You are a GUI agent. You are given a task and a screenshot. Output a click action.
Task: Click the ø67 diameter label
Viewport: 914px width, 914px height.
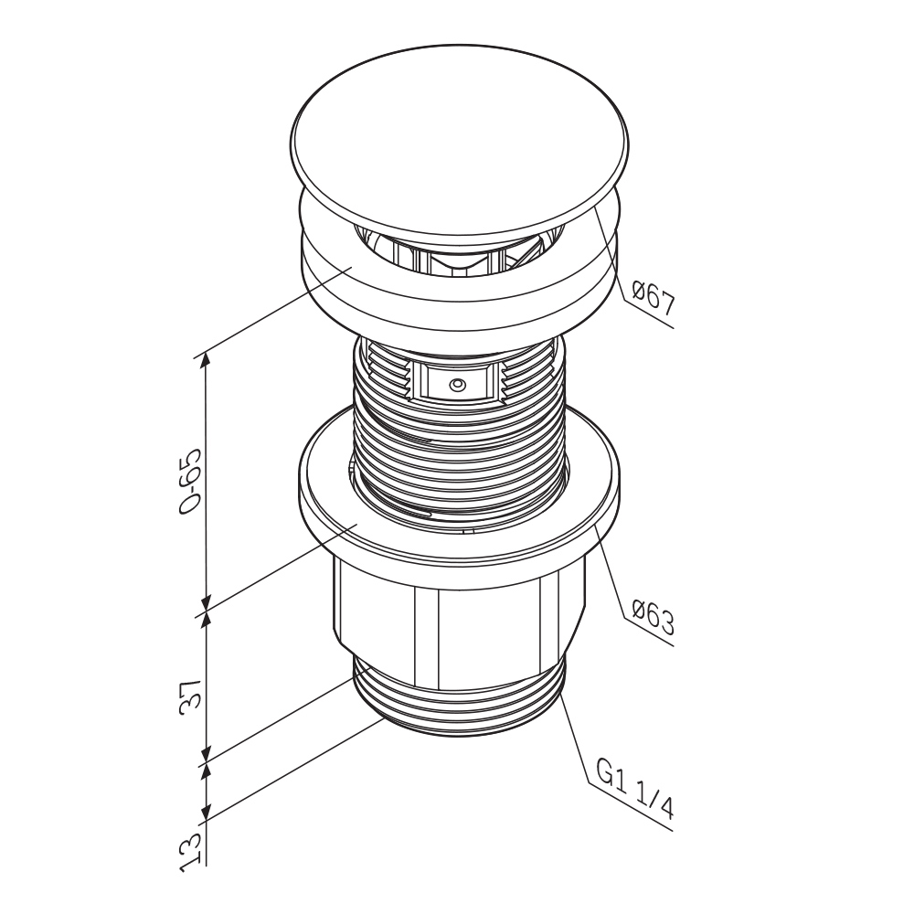pos(653,297)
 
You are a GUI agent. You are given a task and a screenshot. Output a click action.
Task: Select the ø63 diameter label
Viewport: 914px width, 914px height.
pos(653,616)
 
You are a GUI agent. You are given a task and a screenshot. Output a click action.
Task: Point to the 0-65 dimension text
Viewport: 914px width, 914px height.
pos(191,481)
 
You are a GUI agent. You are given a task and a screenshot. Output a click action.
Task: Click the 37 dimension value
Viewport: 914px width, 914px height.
pos(191,694)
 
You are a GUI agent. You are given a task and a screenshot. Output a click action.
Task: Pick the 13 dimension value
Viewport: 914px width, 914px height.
pos(191,852)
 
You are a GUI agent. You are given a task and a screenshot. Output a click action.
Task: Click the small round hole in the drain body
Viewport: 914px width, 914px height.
pos(456,385)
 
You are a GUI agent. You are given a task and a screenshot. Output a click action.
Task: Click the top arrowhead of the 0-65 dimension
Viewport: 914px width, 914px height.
pos(205,359)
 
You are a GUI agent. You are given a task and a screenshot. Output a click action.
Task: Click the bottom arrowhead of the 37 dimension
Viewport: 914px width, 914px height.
pos(206,752)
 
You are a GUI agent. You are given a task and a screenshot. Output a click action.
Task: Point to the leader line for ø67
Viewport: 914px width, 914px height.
pos(633,268)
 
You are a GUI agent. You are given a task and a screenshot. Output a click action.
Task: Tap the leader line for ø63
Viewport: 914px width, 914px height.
pos(633,585)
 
